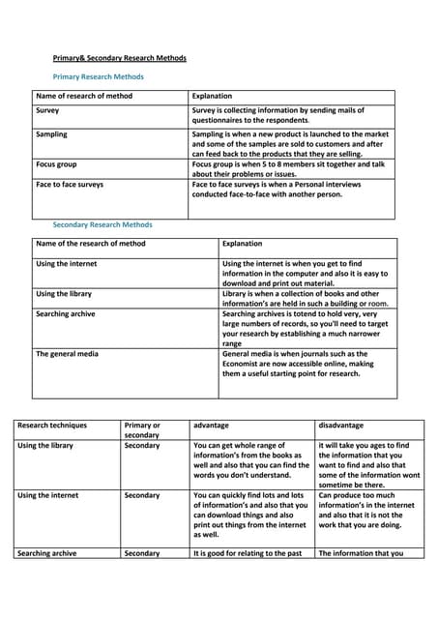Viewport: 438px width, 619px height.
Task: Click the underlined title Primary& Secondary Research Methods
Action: [x=119, y=58]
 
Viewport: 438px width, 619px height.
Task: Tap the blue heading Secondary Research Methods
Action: [x=102, y=224]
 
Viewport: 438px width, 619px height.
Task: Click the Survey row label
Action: [x=47, y=111]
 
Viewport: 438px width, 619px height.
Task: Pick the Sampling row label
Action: [x=52, y=134]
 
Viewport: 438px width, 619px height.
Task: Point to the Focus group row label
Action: [x=56, y=164]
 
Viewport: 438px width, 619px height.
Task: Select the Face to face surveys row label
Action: [x=70, y=184]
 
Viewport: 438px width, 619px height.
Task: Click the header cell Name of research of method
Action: [x=84, y=97]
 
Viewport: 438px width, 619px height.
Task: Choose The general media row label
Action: [x=67, y=354]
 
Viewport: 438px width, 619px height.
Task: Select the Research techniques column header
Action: [x=52, y=425]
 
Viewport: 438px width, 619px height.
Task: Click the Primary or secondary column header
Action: [x=142, y=430]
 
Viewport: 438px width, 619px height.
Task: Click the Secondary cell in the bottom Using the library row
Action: [x=142, y=445]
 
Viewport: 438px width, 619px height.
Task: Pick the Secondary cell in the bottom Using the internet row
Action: [x=142, y=495]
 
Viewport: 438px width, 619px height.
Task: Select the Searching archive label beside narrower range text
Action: [x=66, y=314]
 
